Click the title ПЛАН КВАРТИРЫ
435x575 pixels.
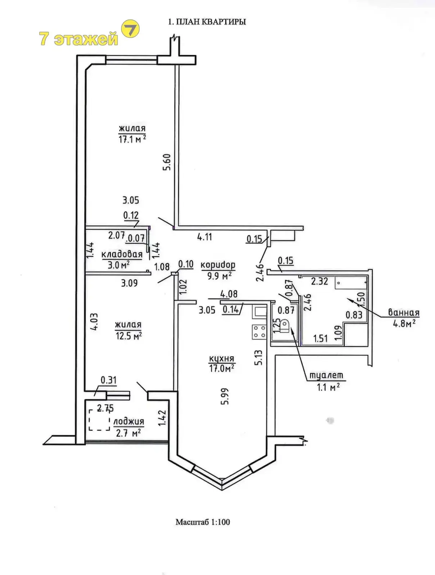pos(207,22)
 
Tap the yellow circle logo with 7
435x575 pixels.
pos(130,29)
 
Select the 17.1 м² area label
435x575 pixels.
pos(132,139)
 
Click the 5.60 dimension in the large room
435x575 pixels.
pos(167,162)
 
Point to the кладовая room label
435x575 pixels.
pos(122,254)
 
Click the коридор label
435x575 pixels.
pos(218,265)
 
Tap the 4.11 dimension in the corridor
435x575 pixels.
pos(204,237)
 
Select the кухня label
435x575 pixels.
pos(222,358)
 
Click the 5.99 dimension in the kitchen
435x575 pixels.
pos(225,396)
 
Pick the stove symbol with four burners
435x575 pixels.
pos(259,332)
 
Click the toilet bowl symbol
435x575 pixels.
pos(285,326)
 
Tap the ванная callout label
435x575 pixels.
pos(404,313)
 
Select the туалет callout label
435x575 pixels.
pos(326,376)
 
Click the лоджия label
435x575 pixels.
pos(128,422)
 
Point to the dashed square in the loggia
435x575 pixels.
pos(99,420)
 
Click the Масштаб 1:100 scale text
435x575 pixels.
pos(203,522)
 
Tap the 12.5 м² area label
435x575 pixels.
pos(128,336)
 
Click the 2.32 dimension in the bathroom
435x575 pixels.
pos(320,281)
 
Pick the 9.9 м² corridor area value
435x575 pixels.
pos(219,276)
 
